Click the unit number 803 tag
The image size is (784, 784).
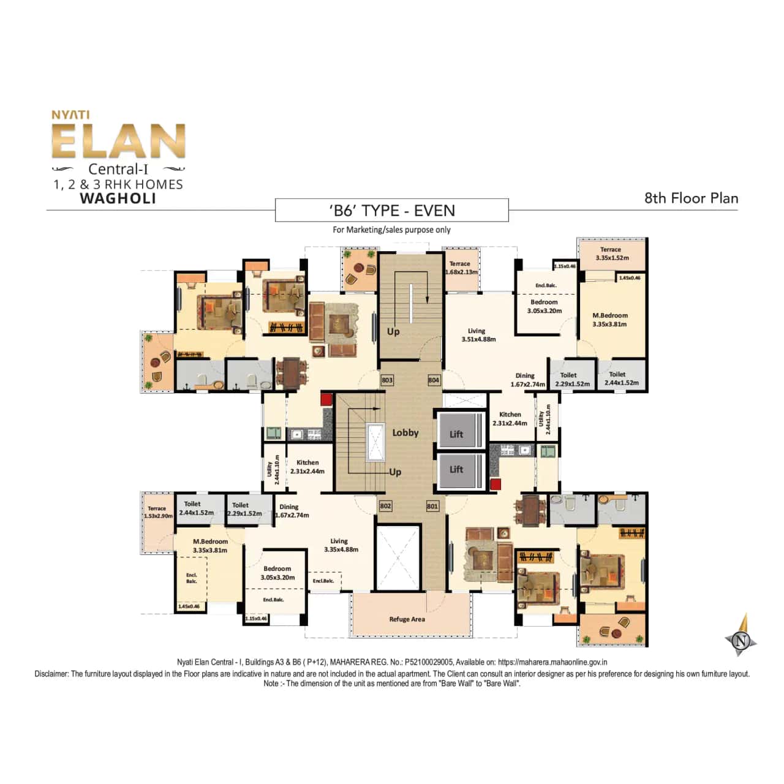click(x=387, y=380)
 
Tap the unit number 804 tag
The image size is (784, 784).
click(x=434, y=380)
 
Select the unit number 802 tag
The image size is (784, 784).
click(x=385, y=506)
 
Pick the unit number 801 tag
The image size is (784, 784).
click(x=432, y=506)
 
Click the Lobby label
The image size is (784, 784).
click(x=405, y=432)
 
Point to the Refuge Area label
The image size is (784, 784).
click(x=407, y=619)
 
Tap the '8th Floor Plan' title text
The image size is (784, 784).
click(x=691, y=198)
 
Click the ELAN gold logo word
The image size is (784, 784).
click(x=118, y=141)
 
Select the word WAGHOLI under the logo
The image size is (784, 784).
click(x=118, y=199)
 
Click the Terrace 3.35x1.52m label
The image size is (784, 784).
click(x=612, y=254)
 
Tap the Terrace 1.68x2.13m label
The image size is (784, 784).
click(x=461, y=268)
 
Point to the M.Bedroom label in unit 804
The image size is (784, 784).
click(x=609, y=320)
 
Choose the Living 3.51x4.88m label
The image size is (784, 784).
click(x=478, y=335)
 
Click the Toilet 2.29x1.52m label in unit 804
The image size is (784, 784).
click(x=571, y=380)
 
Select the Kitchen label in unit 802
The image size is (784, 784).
click(x=307, y=467)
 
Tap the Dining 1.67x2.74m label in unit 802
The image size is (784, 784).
click(x=291, y=511)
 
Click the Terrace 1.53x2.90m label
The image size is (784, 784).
click(x=157, y=512)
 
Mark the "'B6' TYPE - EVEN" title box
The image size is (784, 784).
click(x=392, y=211)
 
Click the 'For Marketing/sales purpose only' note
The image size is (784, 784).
click(x=392, y=230)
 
